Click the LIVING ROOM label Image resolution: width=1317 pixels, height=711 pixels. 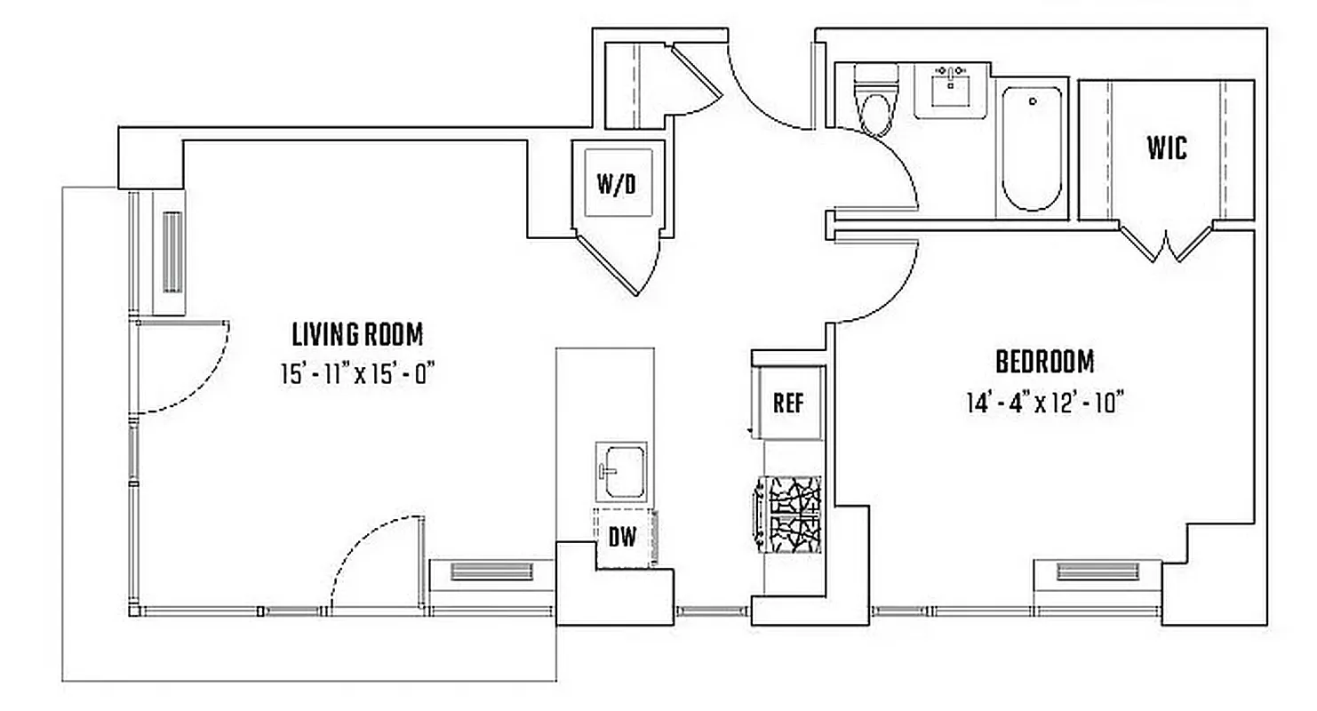(357, 335)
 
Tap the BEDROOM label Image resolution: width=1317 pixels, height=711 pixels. (1044, 363)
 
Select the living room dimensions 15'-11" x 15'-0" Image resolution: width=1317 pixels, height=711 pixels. (357, 375)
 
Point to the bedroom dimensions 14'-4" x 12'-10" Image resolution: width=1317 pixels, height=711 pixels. (1044, 403)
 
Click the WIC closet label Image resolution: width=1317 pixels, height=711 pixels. (1166, 148)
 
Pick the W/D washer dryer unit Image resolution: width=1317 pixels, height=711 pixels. (617, 184)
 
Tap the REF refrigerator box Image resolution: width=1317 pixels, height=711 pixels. (788, 403)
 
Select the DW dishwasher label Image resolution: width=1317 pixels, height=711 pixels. (622, 538)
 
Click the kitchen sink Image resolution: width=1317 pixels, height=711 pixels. (621, 472)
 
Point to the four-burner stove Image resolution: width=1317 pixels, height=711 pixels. (788, 513)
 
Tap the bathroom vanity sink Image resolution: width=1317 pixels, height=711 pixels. (952, 88)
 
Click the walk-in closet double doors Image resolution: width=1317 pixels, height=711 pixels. (1165, 243)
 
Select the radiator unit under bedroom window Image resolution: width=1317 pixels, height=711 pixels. (1097, 571)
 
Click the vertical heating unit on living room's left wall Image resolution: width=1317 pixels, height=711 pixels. (172, 252)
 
